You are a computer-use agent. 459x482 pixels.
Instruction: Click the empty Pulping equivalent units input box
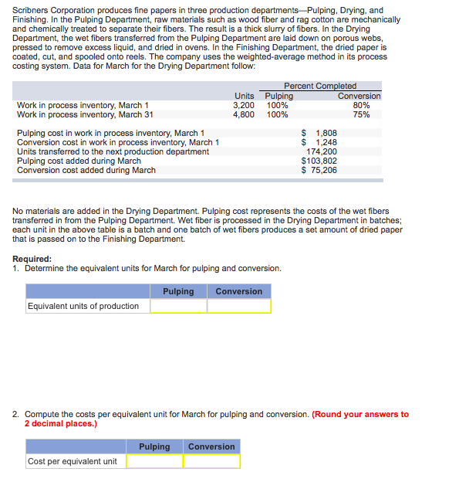pos(178,306)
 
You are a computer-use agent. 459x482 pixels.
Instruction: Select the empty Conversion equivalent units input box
pos(238,306)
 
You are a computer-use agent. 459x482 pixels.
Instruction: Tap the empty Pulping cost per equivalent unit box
pos(154,461)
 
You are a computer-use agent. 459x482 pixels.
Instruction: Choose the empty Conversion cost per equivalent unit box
pos(211,461)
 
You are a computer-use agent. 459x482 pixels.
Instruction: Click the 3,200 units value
pos(244,105)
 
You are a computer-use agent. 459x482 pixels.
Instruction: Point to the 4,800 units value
pos(244,114)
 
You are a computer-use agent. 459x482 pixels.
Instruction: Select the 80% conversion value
pos(360,105)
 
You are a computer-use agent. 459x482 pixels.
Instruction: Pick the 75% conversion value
pos(360,114)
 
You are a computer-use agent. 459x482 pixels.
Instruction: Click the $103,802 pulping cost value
pos(319,161)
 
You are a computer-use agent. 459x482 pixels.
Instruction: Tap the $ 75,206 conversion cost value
pos(319,170)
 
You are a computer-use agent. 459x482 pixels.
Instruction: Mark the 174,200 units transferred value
pos(321,151)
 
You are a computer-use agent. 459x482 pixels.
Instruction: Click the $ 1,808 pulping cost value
pos(319,133)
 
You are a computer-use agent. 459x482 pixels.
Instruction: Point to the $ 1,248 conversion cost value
pos(319,142)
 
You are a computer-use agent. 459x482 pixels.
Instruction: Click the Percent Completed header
pos(320,86)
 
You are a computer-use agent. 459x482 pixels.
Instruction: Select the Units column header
pos(244,96)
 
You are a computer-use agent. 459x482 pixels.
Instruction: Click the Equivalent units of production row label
pos(83,306)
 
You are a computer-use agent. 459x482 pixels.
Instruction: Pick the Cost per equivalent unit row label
pos(73,461)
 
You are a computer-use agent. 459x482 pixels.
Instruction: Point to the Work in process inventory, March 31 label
pos(85,114)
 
